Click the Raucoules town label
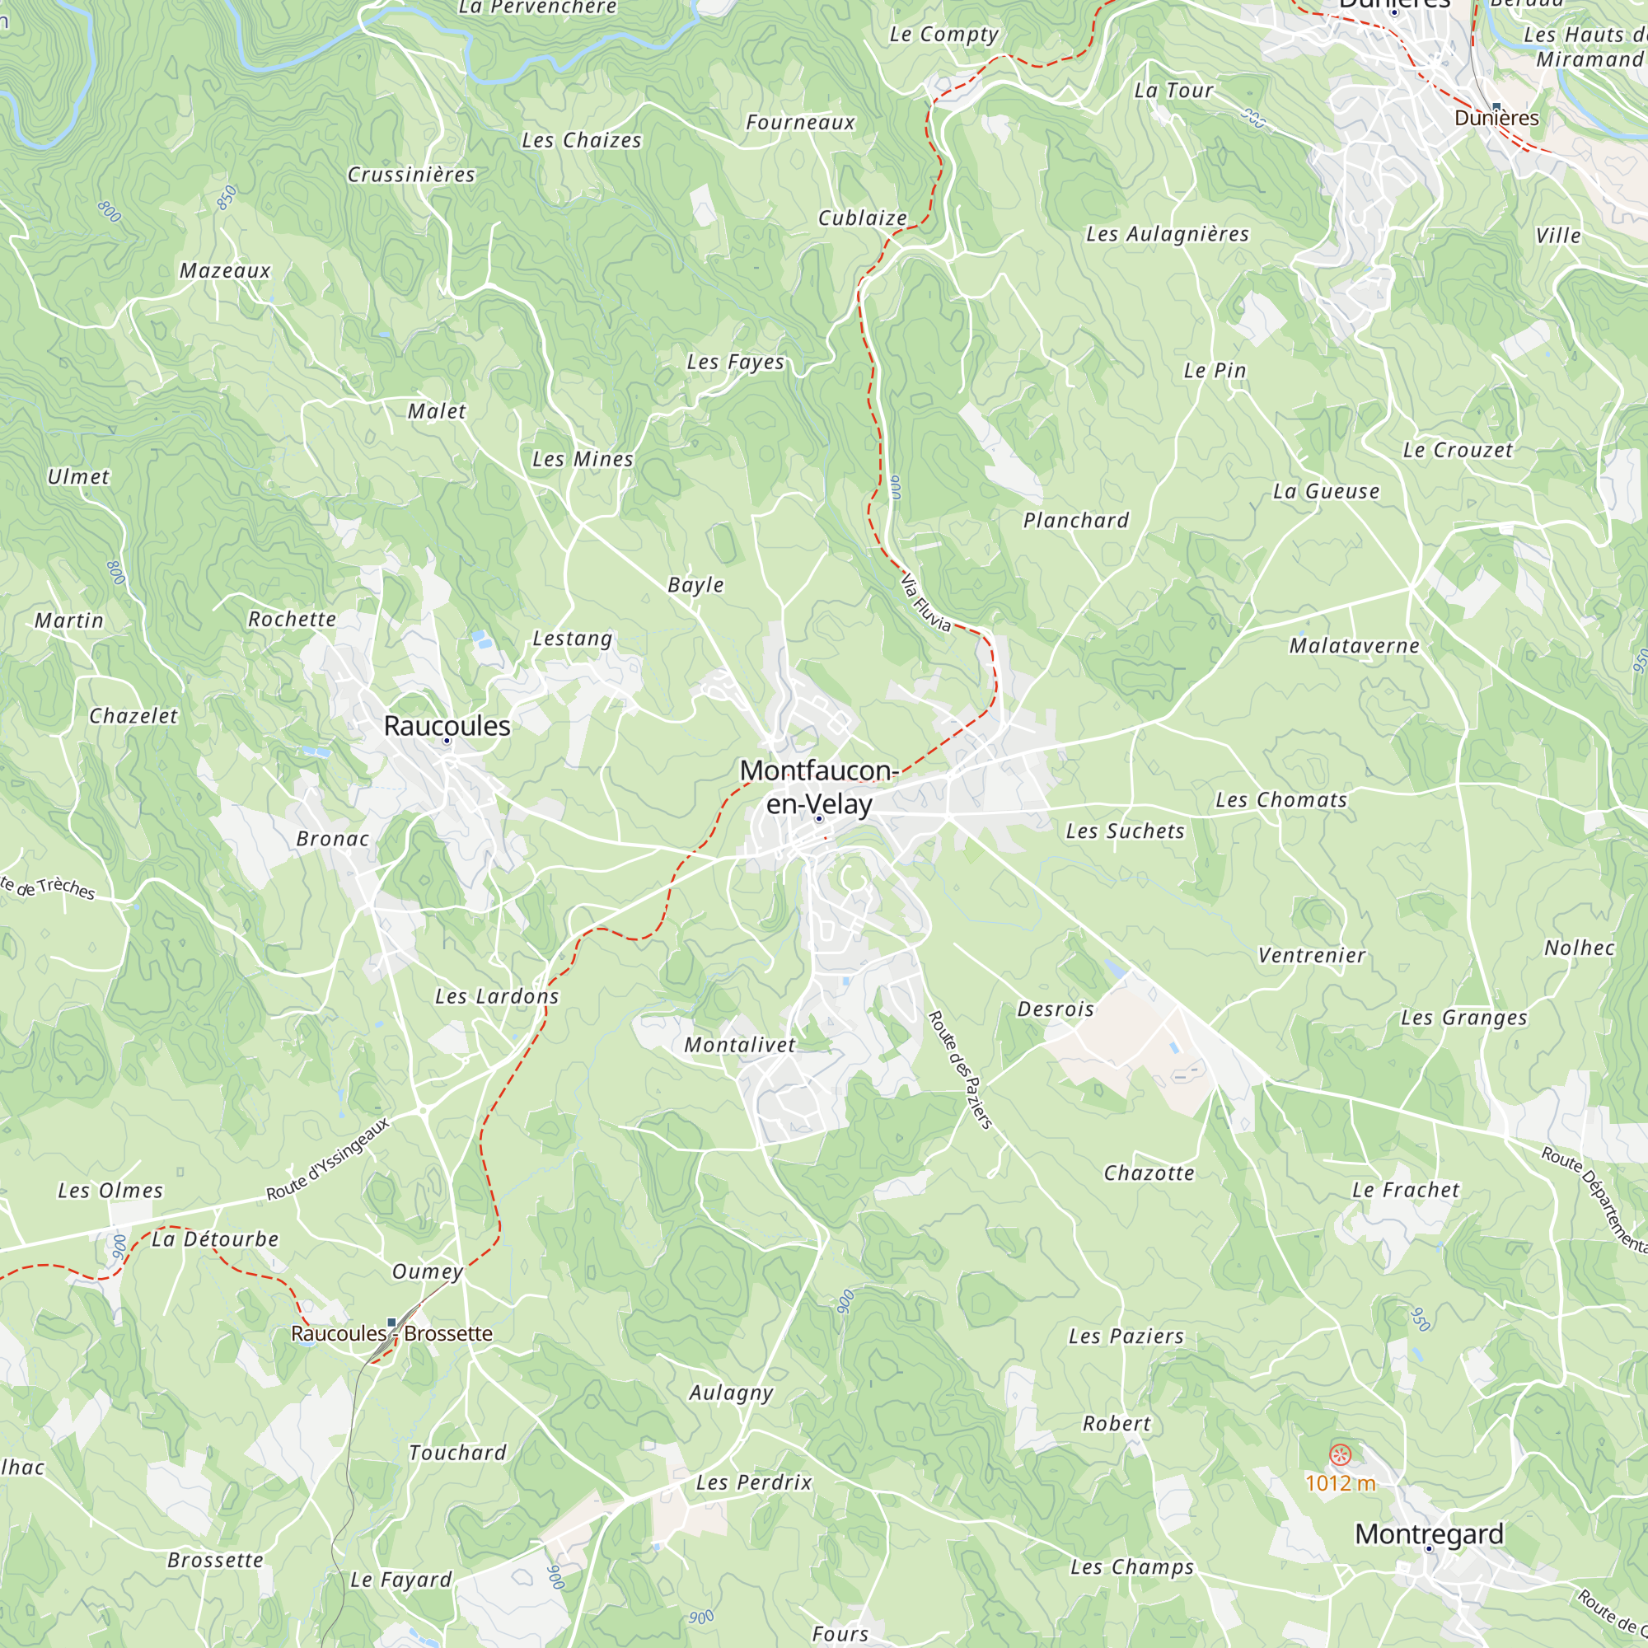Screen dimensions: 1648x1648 pos(447,726)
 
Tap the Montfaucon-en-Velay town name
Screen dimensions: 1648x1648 pos(819,787)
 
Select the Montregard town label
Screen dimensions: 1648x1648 pos(1429,1533)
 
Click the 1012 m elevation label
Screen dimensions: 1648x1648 pos(1340,1483)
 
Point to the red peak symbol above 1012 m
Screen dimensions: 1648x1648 pos(1341,1455)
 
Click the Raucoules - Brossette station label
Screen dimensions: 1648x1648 pos(391,1333)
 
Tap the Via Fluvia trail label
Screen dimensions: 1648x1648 pos(925,602)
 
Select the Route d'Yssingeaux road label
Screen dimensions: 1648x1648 pos(329,1159)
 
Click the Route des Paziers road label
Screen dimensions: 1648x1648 pos(961,1070)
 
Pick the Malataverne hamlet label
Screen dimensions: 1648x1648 pos(1354,646)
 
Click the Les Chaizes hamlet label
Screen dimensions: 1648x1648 pos(582,141)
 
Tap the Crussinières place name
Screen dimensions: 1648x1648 pos(411,175)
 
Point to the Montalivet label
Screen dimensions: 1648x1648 pos(740,1045)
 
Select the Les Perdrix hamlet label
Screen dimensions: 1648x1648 pos(754,1482)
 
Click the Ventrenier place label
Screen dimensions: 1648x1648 pos(1312,955)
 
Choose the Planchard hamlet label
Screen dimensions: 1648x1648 pos(1075,520)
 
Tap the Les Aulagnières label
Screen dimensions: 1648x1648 pos(1167,234)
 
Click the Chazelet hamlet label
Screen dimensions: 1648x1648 pos(134,716)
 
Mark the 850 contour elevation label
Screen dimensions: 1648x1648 pos(227,197)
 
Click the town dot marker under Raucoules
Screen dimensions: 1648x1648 pos(446,742)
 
